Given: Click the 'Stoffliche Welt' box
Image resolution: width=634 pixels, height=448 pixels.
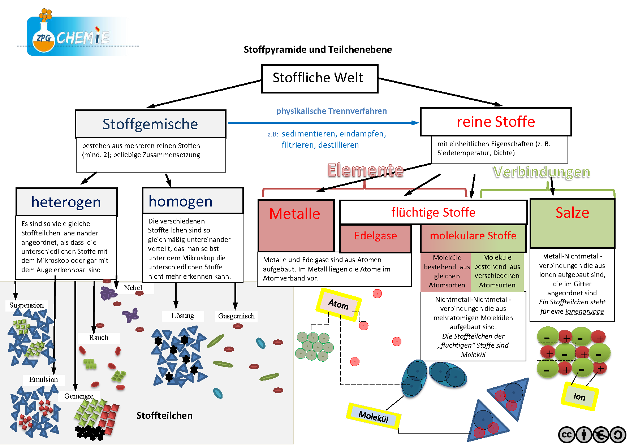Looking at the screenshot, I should pyautogui.click(x=319, y=78).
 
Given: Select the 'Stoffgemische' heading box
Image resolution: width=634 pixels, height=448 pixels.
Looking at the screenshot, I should pyautogui.click(x=150, y=124).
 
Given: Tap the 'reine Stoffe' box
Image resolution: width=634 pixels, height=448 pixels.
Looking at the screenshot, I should pyautogui.click(x=496, y=122).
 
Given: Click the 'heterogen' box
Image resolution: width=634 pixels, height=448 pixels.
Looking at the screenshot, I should pyautogui.click(x=66, y=202).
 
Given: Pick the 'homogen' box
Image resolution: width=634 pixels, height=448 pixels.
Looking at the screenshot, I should pyautogui.click(x=193, y=201).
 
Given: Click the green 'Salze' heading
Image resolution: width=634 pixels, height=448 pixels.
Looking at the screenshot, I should pyautogui.click(x=572, y=213).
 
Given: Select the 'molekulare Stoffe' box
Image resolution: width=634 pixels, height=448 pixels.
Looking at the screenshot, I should pyautogui.click(x=473, y=237).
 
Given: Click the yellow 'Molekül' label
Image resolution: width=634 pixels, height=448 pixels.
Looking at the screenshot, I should pyautogui.click(x=374, y=416).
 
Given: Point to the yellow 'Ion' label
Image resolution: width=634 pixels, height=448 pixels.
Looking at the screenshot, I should pyautogui.click(x=579, y=396).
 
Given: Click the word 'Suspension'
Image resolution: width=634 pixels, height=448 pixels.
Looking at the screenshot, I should pyautogui.click(x=26, y=305).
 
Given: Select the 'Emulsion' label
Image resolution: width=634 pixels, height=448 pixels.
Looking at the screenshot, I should pyautogui.click(x=43, y=379).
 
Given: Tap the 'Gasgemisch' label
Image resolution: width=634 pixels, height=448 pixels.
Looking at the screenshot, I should pyautogui.click(x=236, y=316).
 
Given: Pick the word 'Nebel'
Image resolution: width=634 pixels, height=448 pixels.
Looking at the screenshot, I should pyautogui.click(x=133, y=288).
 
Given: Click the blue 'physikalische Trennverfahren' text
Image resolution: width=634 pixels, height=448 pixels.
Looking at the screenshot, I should pyautogui.click(x=331, y=111).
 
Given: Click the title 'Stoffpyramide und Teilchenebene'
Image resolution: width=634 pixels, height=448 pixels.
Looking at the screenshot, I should pyautogui.click(x=318, y=49).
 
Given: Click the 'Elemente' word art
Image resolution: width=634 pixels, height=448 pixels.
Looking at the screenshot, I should pyautogui.click(x=365, y=170).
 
